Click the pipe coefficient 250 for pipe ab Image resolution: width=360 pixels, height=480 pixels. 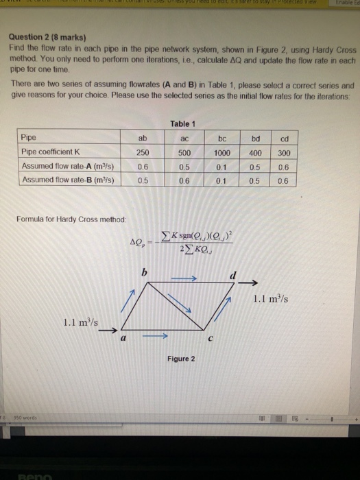[143, 152]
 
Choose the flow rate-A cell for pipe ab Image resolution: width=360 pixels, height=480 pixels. [143, 166]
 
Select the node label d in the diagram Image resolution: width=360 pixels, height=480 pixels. [234, 274]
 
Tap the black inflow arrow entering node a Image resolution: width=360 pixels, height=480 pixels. [106, 329]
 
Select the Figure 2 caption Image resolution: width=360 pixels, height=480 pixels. [180, 359]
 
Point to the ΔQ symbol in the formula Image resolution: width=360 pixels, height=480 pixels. [136, 242]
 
